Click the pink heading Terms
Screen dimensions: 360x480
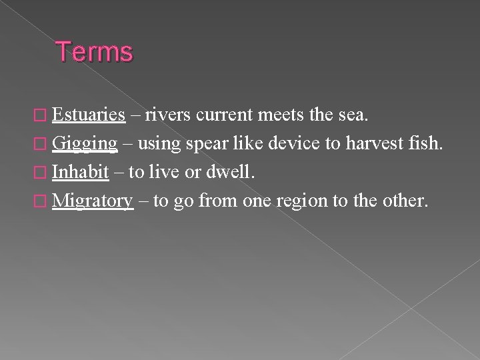pyautogui.click(x=95, y=52)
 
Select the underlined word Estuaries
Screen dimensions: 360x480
pyautogui.click(x=89, y=115)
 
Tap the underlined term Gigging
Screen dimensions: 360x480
pyautogui.click(x=85, y=143)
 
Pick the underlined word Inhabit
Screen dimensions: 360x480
pyautogui.click(x=81, y=171)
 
